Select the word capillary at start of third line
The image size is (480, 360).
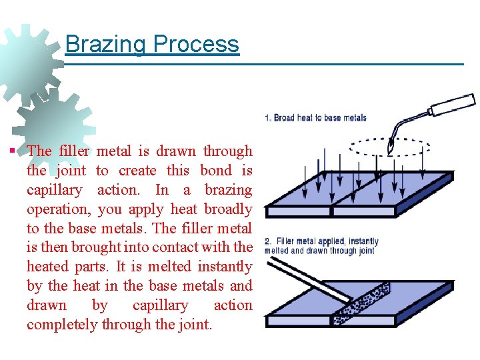(x=54, y=190)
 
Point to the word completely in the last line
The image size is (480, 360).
(x=62, y=325)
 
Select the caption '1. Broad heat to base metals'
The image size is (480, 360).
(x=315, y=118)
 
